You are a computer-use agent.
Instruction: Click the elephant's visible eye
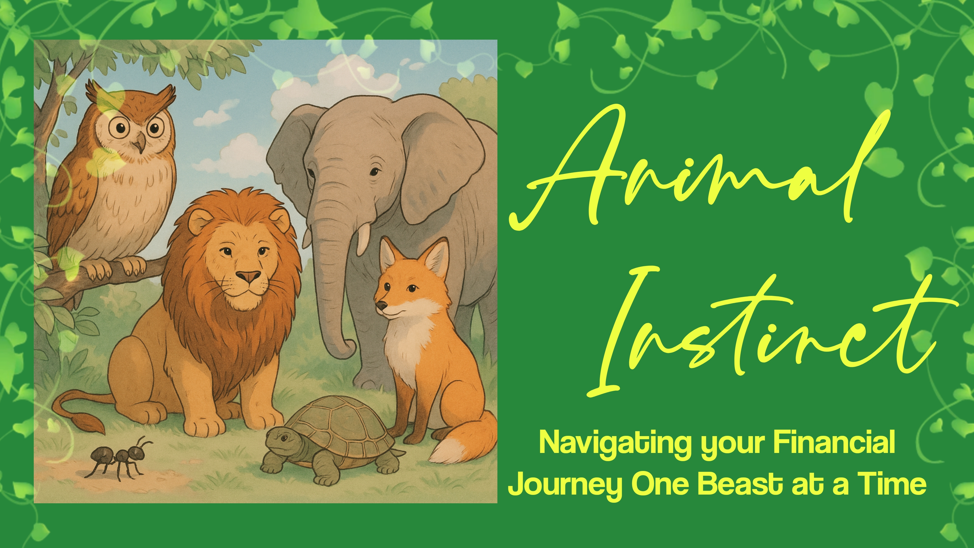point(374,172)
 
